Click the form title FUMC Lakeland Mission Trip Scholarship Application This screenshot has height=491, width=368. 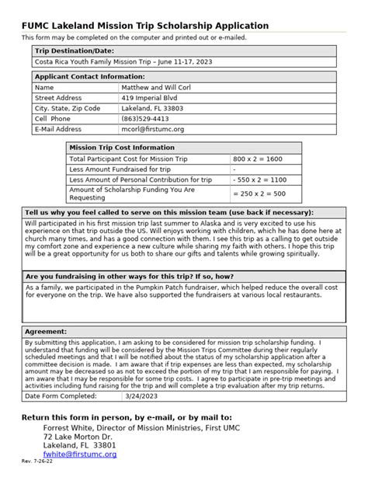tap(145, 26)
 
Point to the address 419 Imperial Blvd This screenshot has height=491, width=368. tap(149, 98)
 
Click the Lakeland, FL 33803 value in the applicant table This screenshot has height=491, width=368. tap(151, 109)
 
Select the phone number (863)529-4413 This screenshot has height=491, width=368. tap(145, 119)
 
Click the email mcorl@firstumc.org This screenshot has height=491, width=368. tap(153, 129)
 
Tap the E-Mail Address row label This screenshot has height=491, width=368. tap(58, 129)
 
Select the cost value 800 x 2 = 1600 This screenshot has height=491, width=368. tap(258, 158)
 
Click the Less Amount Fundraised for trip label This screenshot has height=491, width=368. tap(120, 169)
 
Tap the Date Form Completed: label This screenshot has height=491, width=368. tap(62, 395)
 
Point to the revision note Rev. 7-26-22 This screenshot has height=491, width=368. tap(36, 461)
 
